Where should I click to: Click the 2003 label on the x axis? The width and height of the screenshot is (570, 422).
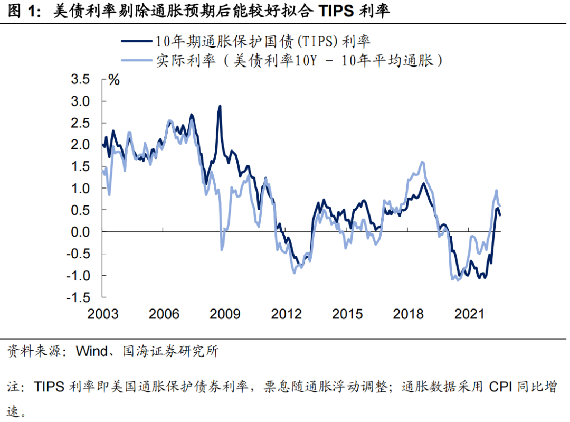pyautogui.click(x=103, y=314)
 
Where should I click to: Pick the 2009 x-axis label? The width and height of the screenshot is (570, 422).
pyautogui.click(x=225, y=314)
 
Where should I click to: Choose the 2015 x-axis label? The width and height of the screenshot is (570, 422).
pyautogui.click(x=347, y=314)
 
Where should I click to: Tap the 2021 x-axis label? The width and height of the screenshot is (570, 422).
pyautogui.click(x=470, y=314)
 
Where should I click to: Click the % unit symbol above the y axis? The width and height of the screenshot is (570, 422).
pyautogui.click(x=114, y=80)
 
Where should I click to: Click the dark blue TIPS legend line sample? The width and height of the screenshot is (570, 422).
pyautogui.click(x=136, y=41)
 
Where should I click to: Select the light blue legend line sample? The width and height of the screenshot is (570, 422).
pyautogui.click(x=136, y=61)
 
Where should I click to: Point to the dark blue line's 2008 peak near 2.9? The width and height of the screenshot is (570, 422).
pyautogui.click(x=220, y=106)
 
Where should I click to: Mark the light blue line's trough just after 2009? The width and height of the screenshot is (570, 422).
pyautogui.click(x=222, y=249)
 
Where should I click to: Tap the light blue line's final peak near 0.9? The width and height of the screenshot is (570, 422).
pyautogui.click(x=496, y=191)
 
